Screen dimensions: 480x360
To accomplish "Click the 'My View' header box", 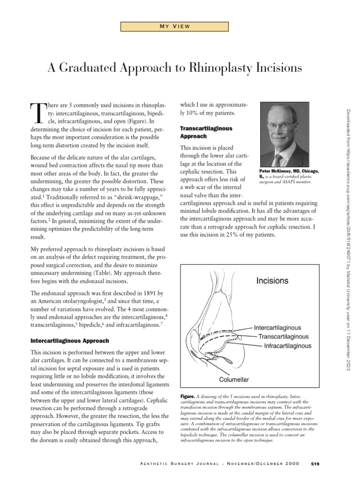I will [x=174, y=26].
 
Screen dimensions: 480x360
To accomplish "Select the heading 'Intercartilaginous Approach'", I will [x=69, y=340].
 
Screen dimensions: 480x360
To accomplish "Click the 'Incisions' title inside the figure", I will [x=272, y=281].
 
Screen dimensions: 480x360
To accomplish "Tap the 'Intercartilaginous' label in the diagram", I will [x=277, y=327].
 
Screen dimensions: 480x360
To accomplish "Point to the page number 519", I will [x=315, y=464].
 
